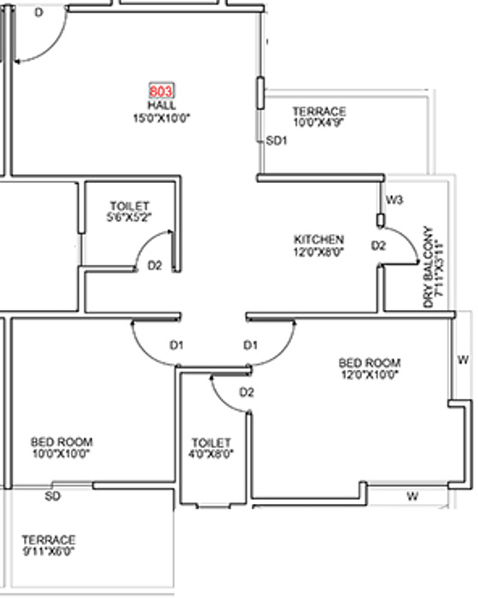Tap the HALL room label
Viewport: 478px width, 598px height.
coord(160,103)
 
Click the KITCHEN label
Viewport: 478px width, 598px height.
coord(319,239)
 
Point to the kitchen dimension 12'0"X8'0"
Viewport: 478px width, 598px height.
coord(319,252)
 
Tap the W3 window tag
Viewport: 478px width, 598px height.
coord(393,200)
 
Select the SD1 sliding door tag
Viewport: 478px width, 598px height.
coord(276,141)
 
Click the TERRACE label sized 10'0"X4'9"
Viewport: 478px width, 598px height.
coord(318,112)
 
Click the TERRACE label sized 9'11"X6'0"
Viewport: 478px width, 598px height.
coord(49,540)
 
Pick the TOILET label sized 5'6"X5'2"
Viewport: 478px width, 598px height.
coord(130,207)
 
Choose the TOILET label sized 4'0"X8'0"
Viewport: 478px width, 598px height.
coord(211,443)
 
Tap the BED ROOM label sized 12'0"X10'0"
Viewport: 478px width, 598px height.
coord(370,363)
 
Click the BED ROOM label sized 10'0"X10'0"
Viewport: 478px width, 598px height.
coord(61,442)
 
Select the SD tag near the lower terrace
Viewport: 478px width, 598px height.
coord(53,495)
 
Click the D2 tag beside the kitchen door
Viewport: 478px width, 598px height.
coord(378,246)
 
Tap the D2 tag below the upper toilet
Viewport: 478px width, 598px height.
coord(154,266)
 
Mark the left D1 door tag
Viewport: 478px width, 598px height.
coord(177,345)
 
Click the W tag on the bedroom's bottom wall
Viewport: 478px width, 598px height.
coord(411,495)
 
